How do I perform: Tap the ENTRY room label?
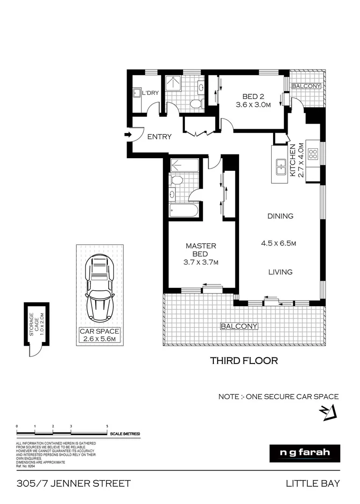pyautogui.click(x=159, y=137)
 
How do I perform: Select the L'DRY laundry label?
pyautogui.click(x=150, y=93)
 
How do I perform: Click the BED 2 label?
pyautogui.click(x=253, y=97)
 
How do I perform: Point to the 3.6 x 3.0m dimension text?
pyautogui.click(x=254, y=105)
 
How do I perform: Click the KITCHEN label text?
pyautogui.click(x=293, y=160)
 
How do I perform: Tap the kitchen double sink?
pyautogui.click(x=281, y=167)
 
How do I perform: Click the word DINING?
pyautogui.click(x=280, y=216)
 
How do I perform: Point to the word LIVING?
pyautogui.click(x=280, y=272)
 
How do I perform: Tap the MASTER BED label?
pyautogui.click(x=201, y=250)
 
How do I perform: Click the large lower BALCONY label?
pyautogui.click(x=239, y=326)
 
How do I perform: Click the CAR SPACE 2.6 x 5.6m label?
pyautogui.click(x=99, y=336)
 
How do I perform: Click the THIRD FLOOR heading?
pyautogui.click(x=244, y=361)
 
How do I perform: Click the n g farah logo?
pyautogui.click(x=304, y=453)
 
